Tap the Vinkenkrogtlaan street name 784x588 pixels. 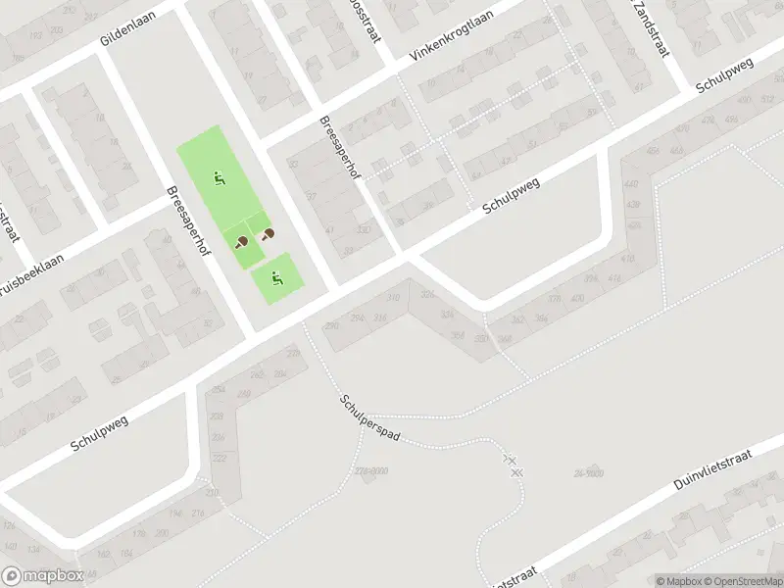point(450,37)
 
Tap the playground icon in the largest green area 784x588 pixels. point(220,178)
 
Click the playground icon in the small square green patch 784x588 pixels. point(277,279)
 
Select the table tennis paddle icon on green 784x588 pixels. point(241,241)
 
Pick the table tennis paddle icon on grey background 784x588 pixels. point(268,233)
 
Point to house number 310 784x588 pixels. point(393,298)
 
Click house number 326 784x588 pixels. point(426,295)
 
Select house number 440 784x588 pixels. point(630,184)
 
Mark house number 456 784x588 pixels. point(654,152)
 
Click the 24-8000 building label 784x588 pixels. point(588,473)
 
